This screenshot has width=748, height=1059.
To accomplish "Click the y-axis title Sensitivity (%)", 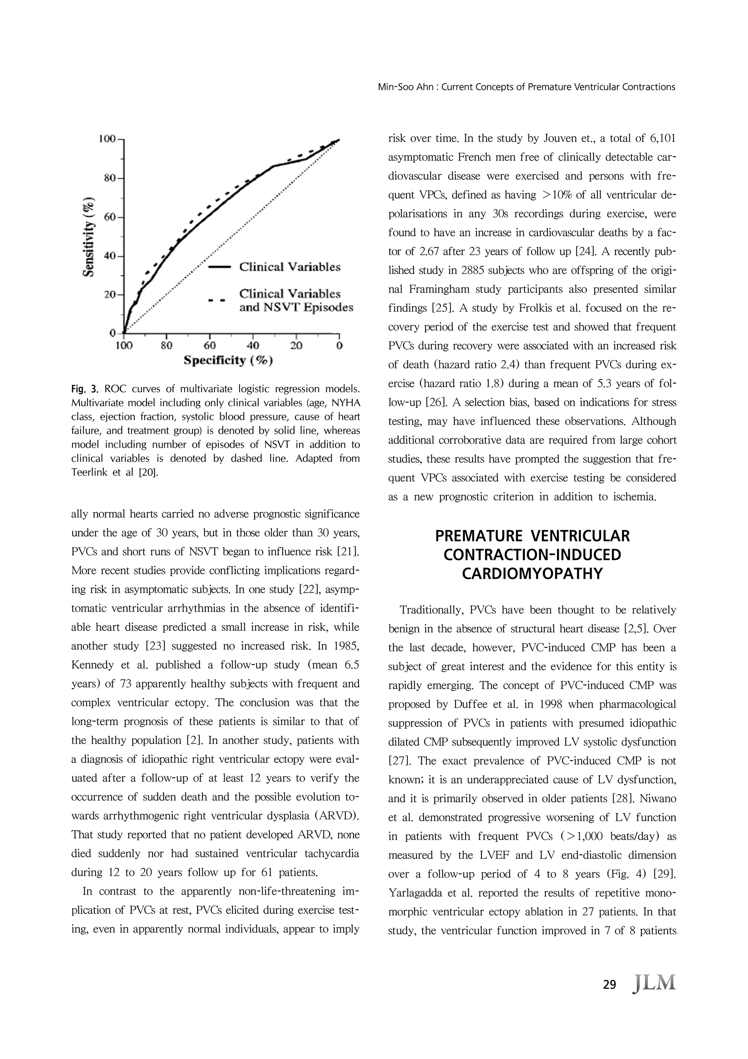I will (89, 236).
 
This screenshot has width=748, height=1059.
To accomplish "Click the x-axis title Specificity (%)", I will (228, 360).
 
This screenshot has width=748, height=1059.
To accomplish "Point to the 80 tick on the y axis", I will (110, 178).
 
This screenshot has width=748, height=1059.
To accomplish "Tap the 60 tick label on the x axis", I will (210, 345).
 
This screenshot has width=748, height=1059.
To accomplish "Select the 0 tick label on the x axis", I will (339, 345).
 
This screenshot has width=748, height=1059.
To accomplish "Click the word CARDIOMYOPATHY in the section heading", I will (532, 574).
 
